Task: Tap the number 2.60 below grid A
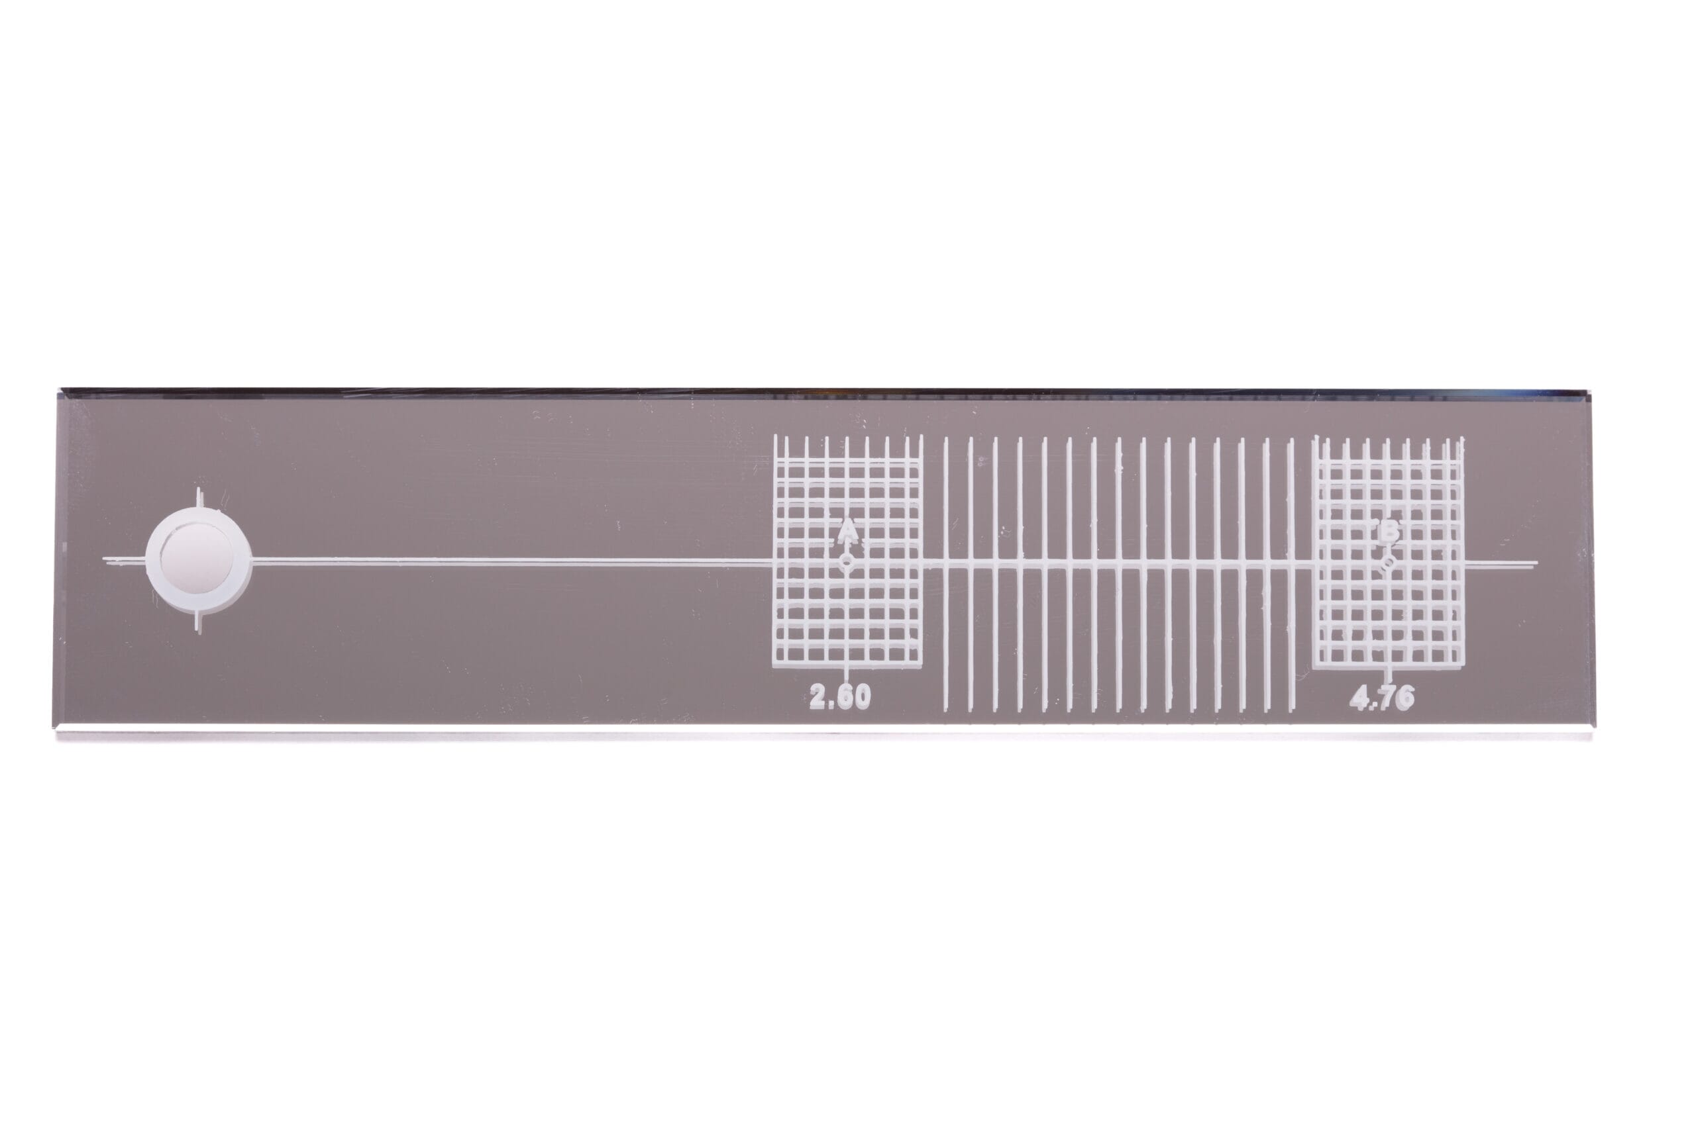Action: pyautogui.click(x=840, y=697)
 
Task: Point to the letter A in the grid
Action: pyautogui.click(x=848, y=532)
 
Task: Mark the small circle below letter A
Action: pyautogui.click(x=848, y=561)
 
